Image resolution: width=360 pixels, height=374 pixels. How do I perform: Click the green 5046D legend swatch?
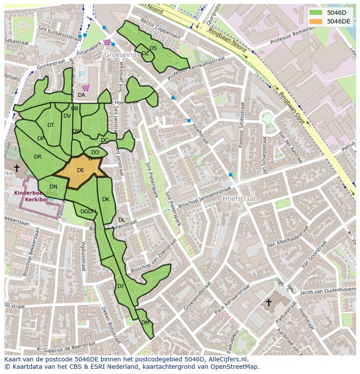pos(317,13)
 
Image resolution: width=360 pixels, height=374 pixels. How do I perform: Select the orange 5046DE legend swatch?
pos(317,21)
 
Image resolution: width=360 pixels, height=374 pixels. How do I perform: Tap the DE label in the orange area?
pos(80,170)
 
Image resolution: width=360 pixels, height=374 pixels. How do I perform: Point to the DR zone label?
pos(37,156)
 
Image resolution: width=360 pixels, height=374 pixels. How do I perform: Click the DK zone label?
pos(106,199)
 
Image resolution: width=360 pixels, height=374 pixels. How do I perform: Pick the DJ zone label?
pos(120,286)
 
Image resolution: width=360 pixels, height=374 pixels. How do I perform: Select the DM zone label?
pos(145,322)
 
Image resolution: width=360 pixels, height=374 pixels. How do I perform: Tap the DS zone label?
pos(153,48)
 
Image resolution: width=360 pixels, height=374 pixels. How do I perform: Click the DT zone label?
pos(51,125)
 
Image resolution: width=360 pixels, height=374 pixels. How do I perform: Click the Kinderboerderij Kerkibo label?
pos(30,196)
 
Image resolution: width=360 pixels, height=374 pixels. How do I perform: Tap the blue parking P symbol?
pos(81,74)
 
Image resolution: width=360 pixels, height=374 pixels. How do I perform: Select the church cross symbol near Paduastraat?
pos(269,302)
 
